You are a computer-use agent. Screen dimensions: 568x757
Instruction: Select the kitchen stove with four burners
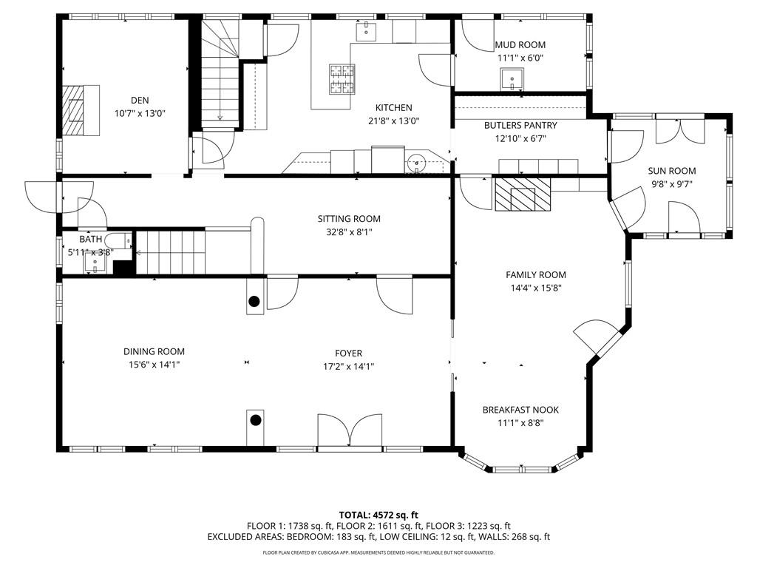coord(341,79)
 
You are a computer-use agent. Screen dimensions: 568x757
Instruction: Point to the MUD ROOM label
coord(520,45)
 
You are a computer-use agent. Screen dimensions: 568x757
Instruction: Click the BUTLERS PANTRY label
coord(520,126)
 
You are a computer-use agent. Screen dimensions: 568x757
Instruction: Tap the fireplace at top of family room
coord(523,195)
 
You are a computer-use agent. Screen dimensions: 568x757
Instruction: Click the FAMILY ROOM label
coord(535,275)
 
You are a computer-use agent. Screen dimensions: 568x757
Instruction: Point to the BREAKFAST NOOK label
coord(520,410)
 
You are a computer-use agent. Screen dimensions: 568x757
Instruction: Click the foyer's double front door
coord(352,430)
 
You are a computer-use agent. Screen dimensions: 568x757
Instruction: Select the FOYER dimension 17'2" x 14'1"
coord(348,365)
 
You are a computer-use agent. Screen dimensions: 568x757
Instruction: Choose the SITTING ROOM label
coord(349,219)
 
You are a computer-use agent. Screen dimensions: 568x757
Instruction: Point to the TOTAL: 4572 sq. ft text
coord(378,515)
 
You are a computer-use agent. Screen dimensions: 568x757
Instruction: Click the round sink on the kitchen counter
coord(418,161)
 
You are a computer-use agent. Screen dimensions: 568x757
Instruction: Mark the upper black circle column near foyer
coord(254,301)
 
